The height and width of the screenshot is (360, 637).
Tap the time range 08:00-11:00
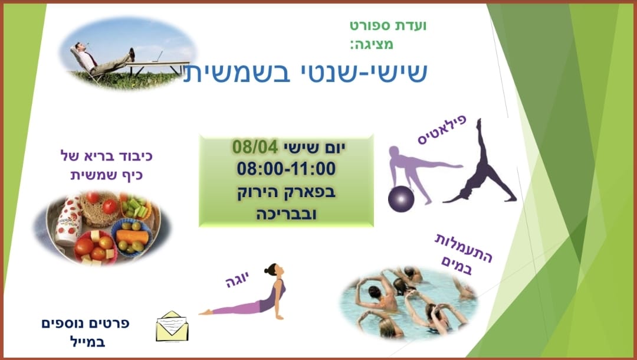tap(287, 169)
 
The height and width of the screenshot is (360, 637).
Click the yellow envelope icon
tap(172, 326)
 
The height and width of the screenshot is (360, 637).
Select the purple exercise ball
tap(401, 199)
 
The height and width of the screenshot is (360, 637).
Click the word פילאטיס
tap(442, 130)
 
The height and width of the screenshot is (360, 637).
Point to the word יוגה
tap(237, 280)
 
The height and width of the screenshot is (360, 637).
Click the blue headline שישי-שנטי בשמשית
tap(305, 72)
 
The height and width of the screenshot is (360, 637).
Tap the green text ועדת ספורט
tap(388, 25)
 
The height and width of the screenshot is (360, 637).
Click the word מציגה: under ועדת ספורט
tap(372, 44)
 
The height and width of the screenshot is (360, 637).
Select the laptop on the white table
tap(157, 57)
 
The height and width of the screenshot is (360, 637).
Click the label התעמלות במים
tap(462, 254)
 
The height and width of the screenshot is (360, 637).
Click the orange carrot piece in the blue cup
tap(132, 237)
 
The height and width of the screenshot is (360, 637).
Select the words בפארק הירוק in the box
tap(287, 192)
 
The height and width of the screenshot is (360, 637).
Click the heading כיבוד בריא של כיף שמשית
tap(106, 166)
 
